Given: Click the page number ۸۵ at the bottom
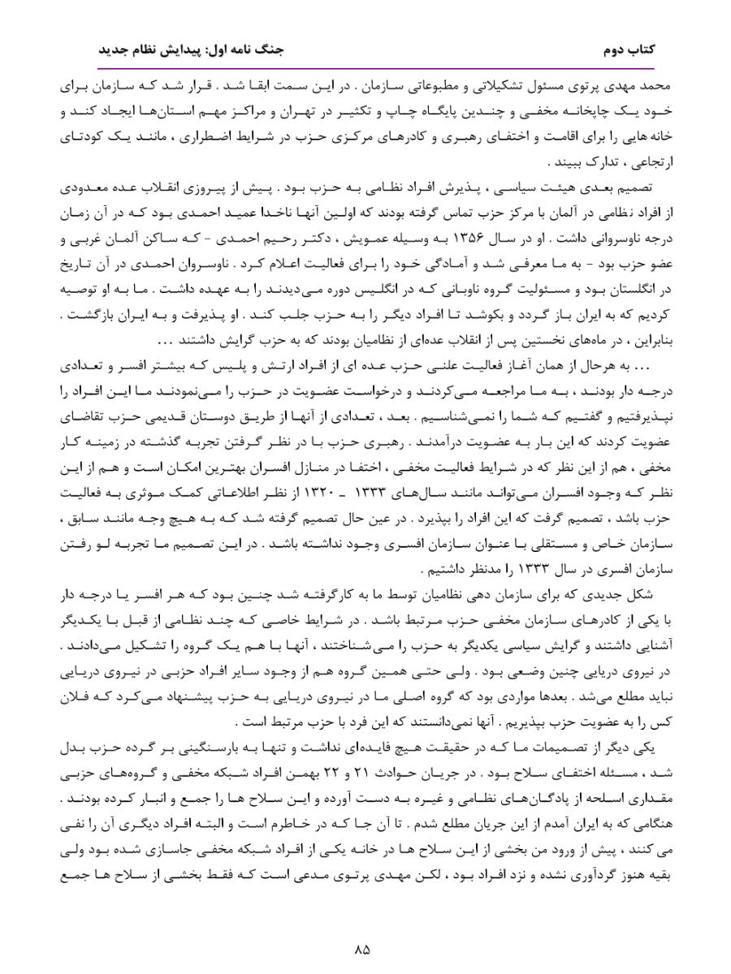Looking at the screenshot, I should pos(363,948).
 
